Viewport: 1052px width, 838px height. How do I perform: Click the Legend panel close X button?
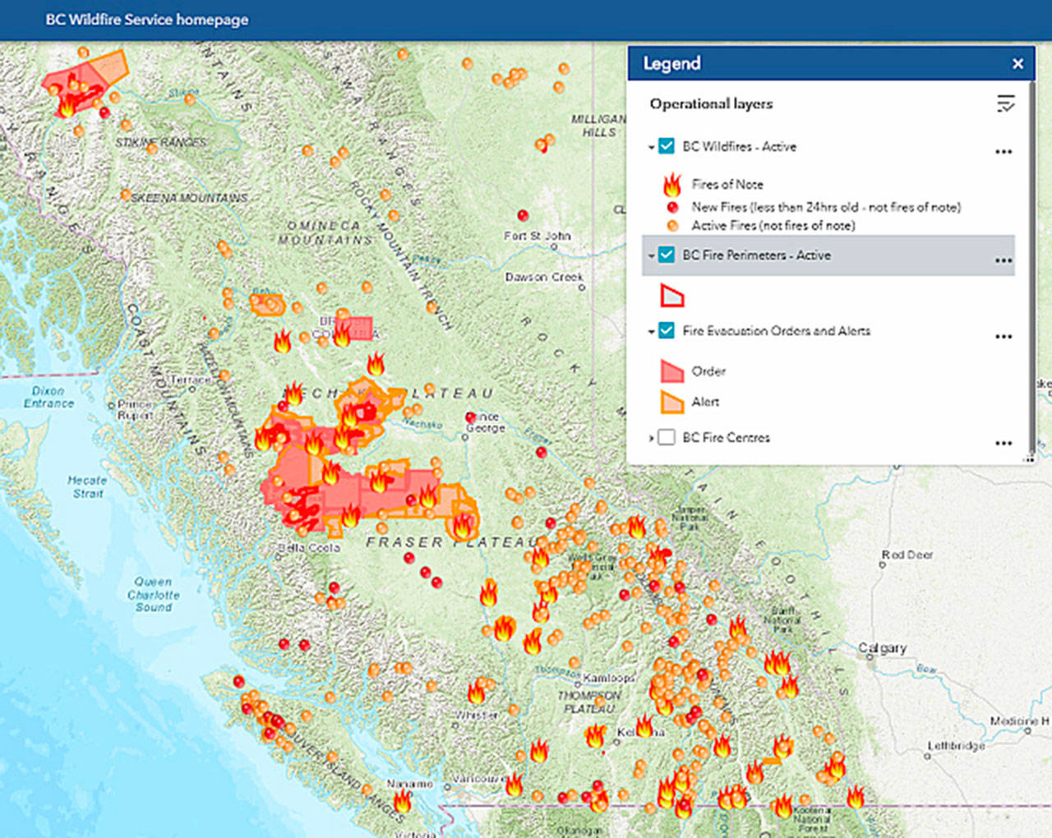click(x=1017, y=63)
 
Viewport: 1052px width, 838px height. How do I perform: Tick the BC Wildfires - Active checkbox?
click(x=667, y=146)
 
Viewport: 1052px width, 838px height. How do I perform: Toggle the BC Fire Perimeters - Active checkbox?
click(x=667, y=255)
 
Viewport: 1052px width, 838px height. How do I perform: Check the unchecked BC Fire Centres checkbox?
click(x=667, y=437)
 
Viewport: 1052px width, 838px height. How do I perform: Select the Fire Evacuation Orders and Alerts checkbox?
click(x=667, y=330)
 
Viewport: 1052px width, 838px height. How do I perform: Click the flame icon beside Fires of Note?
click(x=672, y=184)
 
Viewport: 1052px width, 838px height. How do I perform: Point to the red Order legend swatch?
click(x=672, y=371)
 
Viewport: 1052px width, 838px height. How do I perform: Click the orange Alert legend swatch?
click(x=672, y=402)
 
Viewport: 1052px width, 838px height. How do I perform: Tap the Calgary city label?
click(x=882, y=648)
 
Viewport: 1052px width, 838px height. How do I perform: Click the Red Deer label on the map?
click(x=907, y=555)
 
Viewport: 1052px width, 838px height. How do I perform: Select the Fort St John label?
click(x=538, y=236)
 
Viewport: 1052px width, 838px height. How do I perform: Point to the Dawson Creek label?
click(x=544, y=277)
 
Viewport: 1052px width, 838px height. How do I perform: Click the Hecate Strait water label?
click(x=87, y=486)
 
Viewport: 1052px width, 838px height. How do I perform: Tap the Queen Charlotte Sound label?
click(x=153, y=594)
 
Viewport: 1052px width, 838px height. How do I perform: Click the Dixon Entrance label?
click(x=48, y=397)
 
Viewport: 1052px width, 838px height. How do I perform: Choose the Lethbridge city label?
click(x=956, y=746)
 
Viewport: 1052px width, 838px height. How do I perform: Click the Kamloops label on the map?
click(x=609, y=678)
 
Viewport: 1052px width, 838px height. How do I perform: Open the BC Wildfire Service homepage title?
click(x=146, y=20)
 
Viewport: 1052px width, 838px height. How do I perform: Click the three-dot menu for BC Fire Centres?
click(x=1003, y=443)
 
